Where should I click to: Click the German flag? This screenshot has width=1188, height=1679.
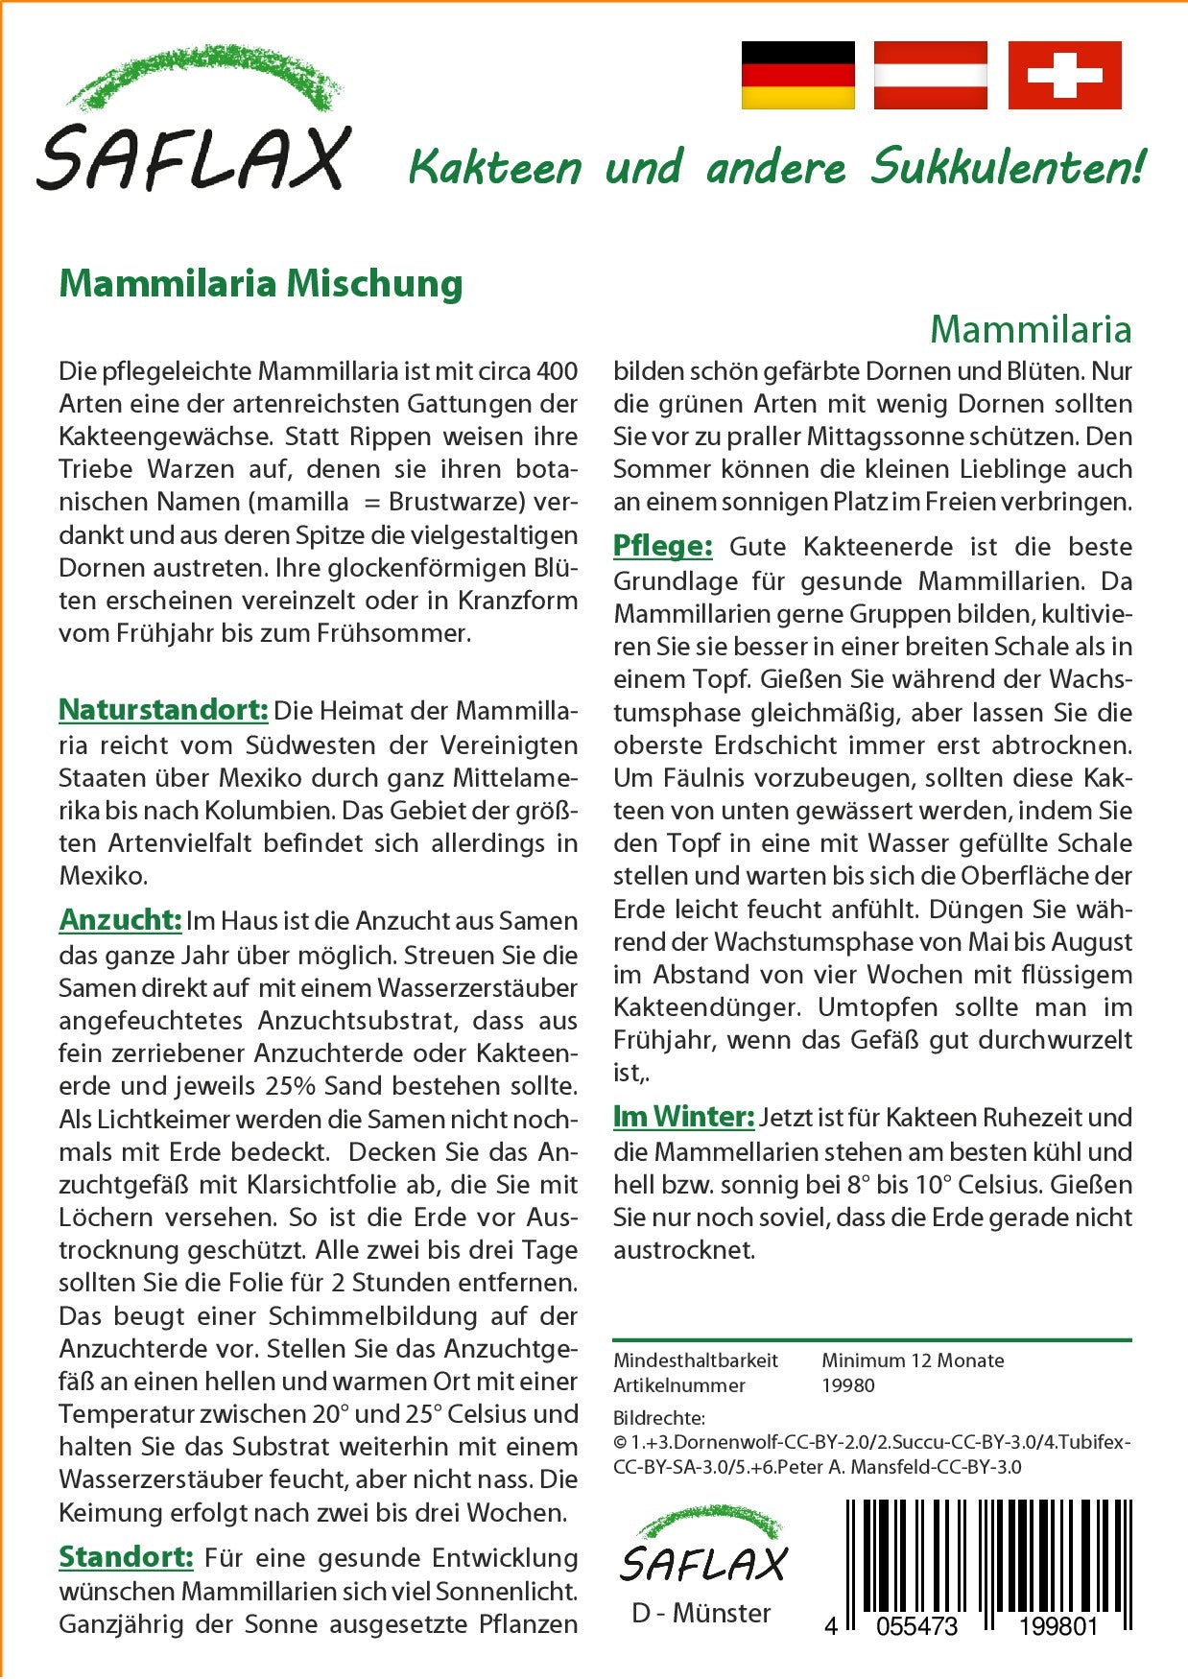pyautogui.click(x=797, y=75)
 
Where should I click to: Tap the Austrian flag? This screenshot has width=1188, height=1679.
pyautogui.click(x=930, y=75)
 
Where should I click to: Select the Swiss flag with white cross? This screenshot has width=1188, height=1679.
pyautogui.click(x=1064, y=75)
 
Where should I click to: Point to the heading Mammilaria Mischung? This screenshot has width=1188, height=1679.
pyautogui.click(x=261, y=284)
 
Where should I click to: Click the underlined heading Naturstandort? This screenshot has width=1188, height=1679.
pyautogui.click(x=163, y=710)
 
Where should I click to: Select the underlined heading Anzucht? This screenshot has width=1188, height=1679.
pyautogui.click(x=120, y=920)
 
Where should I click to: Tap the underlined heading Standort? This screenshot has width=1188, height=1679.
pyautogui.click(x=126, y=1556)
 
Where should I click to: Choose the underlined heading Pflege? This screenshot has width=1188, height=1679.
pyautogui.click(x=662, y=546)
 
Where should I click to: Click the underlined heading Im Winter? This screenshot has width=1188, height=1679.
pyautogui.click(x=683, y=1117)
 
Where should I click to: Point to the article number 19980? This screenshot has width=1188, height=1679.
pyautogui.click(x=848, y=1385)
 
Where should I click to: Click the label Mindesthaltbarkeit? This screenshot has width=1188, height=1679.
pyautogui.click(x=696, y=1360)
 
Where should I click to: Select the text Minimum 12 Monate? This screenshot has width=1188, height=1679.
pyautogui.click(x=913, y=1360)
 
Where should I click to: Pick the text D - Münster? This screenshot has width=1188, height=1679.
pyautogui.click(x=701, y=1613)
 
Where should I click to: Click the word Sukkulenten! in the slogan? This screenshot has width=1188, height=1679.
pyautogui.click(x=1007, y=168)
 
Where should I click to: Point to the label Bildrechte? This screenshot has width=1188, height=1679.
pyautogui.click(x=658, y=1418)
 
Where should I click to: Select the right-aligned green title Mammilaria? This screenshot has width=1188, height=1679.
pyautogui.click(x=1031, y=329)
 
